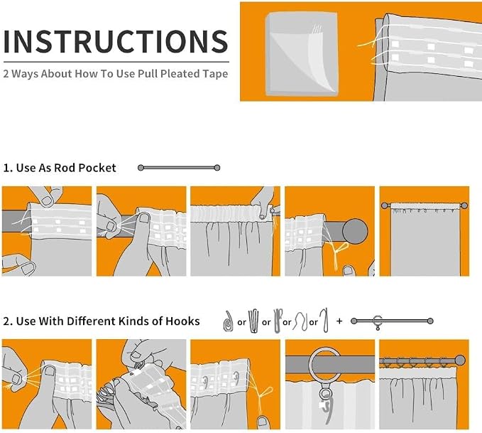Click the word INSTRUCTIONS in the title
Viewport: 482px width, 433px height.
[116, 41]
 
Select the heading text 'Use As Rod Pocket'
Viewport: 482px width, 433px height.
[66, 168]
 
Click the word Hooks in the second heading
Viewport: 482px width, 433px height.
[182, 321]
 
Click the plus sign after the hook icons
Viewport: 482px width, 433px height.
[339, 321]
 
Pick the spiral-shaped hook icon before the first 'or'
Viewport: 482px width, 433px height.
[227, 321]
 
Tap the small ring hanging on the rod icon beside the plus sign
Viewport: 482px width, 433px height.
[378, 322]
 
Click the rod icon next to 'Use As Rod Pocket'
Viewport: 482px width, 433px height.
[179, 168]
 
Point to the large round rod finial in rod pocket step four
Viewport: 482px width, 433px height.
[355, 231]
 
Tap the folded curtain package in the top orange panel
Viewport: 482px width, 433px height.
[302, 54]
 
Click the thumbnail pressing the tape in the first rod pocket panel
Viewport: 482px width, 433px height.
[47, 201]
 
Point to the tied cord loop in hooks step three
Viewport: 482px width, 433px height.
[265, 393]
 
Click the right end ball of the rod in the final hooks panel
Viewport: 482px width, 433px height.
[460, 360]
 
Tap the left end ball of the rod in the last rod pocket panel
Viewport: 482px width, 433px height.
[385, 205]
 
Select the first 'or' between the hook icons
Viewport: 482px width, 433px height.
[241, 323]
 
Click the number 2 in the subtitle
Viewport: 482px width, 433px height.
[6, 74]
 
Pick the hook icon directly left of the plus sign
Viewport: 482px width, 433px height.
[324, 320]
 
